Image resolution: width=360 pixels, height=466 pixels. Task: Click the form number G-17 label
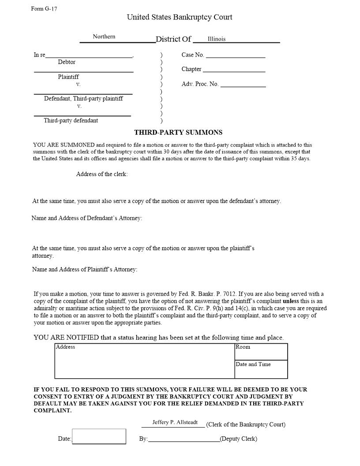point(44,9)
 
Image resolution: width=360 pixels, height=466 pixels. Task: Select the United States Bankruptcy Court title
point(180,17)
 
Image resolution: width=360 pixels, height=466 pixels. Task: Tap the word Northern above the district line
point(104,37)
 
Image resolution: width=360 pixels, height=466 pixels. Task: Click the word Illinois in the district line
point(217,39)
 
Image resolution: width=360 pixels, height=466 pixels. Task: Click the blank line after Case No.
point(236,56)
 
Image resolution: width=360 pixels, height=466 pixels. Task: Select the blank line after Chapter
point(234,70)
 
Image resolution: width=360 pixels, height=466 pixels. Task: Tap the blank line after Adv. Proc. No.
point(243,85)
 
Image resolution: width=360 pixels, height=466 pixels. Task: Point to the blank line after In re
point(89,56)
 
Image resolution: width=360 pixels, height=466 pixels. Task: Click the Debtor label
point(67,62)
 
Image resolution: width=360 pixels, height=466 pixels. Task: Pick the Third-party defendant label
point(71,120)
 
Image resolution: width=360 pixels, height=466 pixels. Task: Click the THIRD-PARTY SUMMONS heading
point(178,132)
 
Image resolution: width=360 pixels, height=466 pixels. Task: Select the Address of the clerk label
point(102,174)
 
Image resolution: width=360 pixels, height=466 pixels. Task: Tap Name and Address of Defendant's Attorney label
point(87,218)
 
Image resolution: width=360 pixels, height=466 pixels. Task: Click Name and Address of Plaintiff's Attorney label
point(85,269)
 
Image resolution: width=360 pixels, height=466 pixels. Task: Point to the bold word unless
point(291,301)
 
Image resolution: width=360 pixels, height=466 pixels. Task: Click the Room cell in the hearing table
point(261,352)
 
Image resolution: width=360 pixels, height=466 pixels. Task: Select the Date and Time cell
point(261,369)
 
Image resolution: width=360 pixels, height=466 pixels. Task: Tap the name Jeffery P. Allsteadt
point(175,422)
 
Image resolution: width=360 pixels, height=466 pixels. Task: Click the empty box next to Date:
point(99,436)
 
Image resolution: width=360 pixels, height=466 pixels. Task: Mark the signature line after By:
point(184,439)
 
